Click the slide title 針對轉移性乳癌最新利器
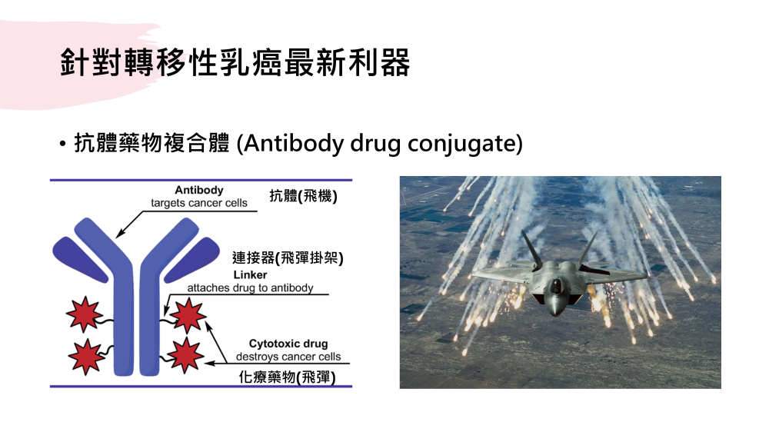point(235,62)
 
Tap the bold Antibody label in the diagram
point(199,190)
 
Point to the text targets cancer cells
point(199,203)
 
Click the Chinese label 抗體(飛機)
point(303,196)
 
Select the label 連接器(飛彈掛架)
point(288,258)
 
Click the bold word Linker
point(250,274)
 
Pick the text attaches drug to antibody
point(250,287)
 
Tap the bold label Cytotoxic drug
point(288,344)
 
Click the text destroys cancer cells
point(288,357)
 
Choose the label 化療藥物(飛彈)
point(287,377)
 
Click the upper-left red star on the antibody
point(85,314)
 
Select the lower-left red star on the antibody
point(86,357)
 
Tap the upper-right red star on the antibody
point(188,315)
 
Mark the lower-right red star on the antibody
point(185,354)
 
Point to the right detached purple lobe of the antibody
point(193,259)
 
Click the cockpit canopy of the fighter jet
point(556,284)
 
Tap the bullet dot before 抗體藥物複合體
point(62,145)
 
